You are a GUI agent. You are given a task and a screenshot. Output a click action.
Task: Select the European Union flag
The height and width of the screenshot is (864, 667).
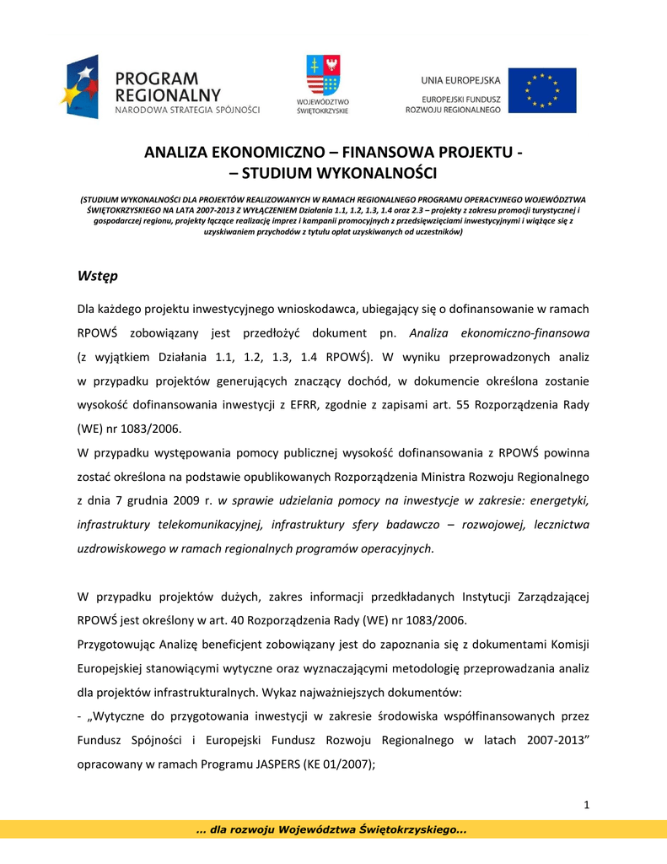[547, 90]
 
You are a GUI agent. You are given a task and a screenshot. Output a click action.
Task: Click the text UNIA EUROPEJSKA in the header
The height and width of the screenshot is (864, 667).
[460, 80]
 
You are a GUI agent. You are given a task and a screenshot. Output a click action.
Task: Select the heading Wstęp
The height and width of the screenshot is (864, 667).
[97, 276]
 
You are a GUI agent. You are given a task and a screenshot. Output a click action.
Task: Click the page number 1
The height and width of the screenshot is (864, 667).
[585, 805]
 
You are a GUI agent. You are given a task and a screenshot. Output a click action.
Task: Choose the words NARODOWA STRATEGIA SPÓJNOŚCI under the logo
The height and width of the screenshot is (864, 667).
[187, 110]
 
